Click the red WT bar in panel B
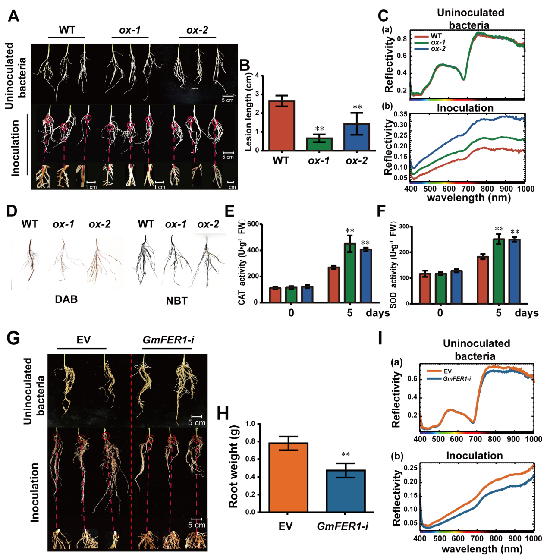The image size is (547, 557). pos(281,125)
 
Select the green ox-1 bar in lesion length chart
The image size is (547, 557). pos(319,144)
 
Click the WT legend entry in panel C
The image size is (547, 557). pos(436,36)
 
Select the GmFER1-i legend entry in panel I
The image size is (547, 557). pos(456,378)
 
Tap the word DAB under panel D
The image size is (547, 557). pos(66,299)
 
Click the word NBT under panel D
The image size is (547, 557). pos(176,301)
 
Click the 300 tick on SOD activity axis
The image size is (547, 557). pos(404,226)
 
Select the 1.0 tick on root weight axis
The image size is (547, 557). pos(250,424)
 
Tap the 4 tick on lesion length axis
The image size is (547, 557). pos(257,76)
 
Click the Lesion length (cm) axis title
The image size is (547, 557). pos(248,113)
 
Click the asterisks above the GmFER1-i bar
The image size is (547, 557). pos(346,454)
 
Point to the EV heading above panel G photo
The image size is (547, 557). pos(83,340)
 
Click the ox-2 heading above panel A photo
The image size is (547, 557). pos(197,30)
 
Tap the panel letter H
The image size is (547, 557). pos(223,413)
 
